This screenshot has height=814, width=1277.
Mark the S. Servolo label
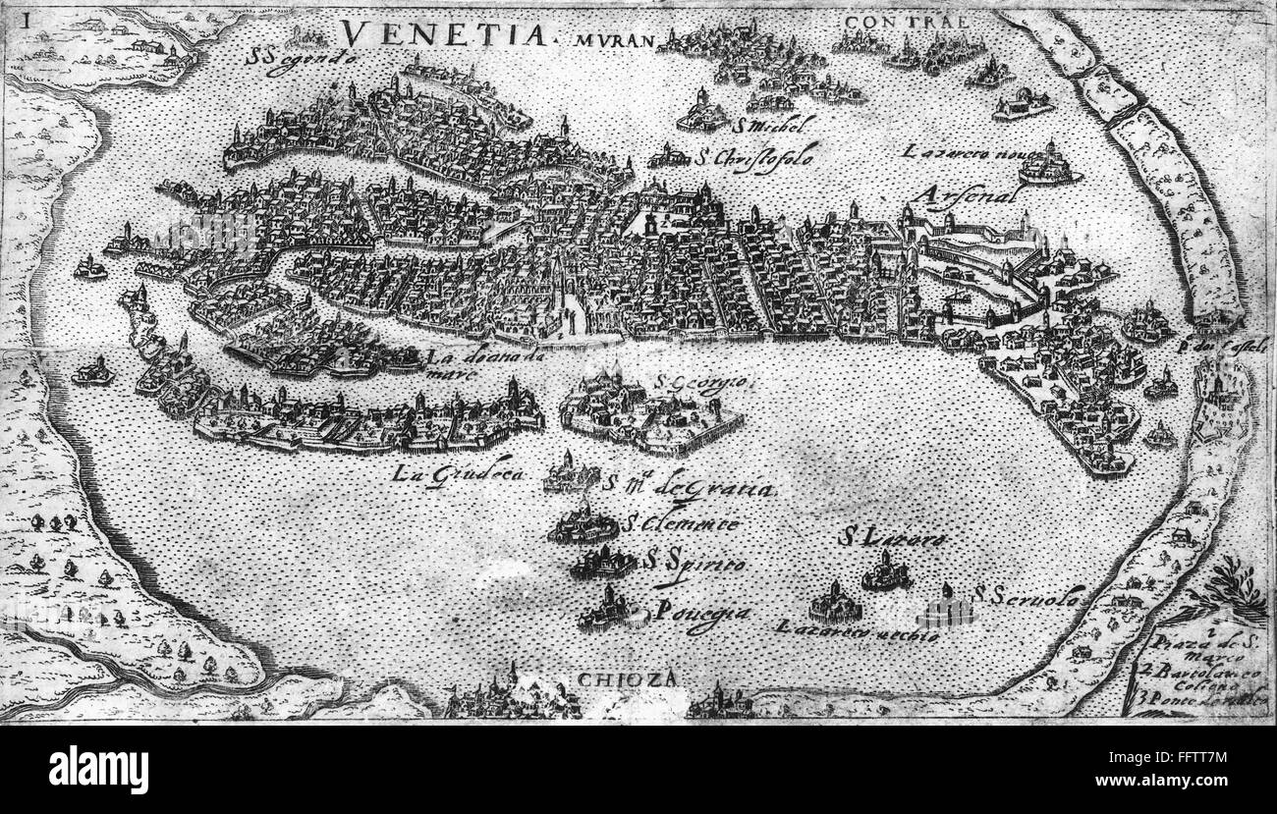pos(1028,595)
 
